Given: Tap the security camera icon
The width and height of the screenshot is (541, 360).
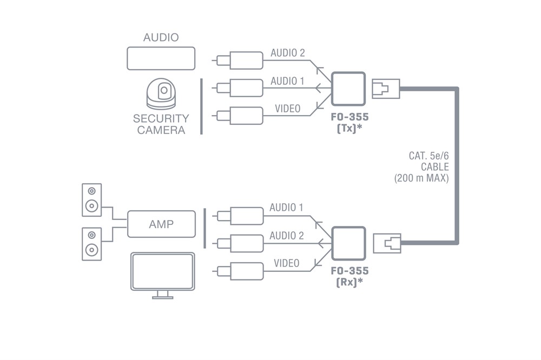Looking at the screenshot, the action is [x=161, y=94].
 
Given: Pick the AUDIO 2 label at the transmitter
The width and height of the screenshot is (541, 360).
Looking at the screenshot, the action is [x=288, y=53].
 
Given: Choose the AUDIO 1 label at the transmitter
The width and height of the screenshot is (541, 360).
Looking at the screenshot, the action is [x=287, y=81].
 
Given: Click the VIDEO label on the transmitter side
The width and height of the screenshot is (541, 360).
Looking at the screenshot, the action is [x=287, y=109].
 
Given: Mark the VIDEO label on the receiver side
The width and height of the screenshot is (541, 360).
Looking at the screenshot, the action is [x=286, y=263].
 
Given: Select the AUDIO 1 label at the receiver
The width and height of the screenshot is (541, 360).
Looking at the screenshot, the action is [x=286, y=207].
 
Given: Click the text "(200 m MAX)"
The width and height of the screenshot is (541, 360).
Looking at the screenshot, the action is [x=421, y=178].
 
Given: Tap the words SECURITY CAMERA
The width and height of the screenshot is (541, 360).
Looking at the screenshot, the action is [x=161, y=124].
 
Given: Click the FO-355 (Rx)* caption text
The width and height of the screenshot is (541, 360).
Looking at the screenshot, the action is [x=349, y=277].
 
